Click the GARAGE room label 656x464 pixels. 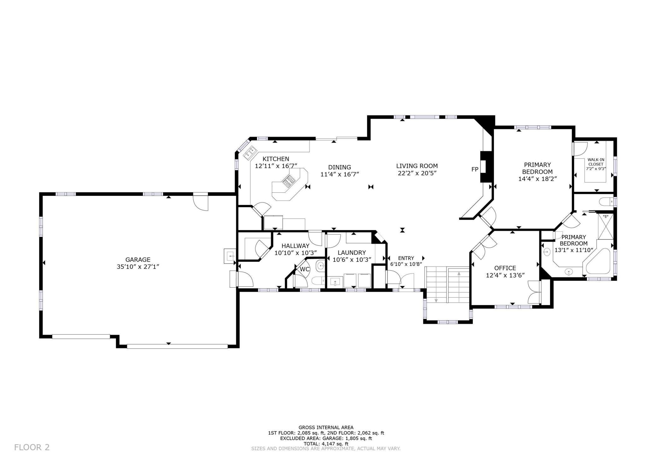[138, 260]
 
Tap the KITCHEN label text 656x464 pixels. [276, 159]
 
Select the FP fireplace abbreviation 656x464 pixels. [475, 169]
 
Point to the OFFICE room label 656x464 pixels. [505, 268]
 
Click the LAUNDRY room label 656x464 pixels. [352, 253]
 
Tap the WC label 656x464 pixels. [304, 269]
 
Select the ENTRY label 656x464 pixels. [406, 258]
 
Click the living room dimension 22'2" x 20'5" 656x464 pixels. [417, 173]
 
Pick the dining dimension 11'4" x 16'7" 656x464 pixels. [340, 174]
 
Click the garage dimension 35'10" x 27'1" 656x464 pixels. [138, 267]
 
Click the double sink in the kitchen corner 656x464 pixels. [249, 153]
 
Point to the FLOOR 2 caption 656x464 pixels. [32, 447]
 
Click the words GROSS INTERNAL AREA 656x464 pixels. [326, 428]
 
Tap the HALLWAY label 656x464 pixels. [296, 246]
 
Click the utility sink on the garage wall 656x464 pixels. [230, 256]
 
